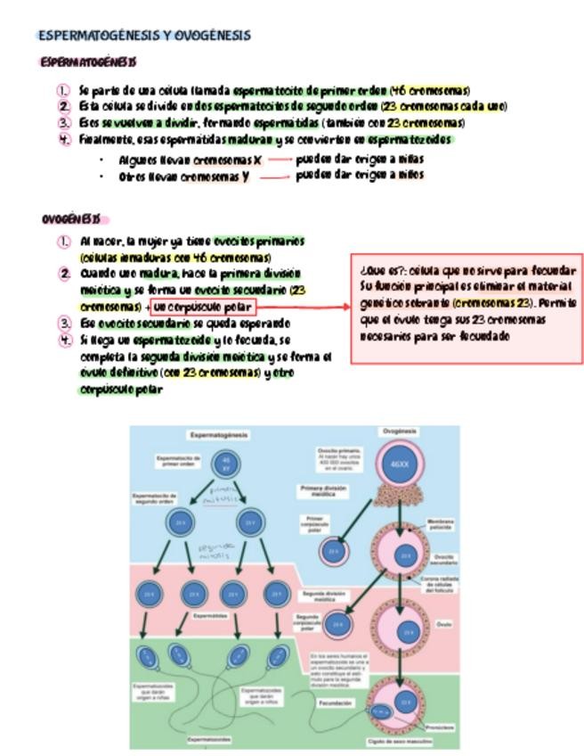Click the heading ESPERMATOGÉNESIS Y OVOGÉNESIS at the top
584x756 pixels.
click(x=144, y=36)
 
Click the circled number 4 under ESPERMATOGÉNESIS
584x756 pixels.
click(x=63, y=139)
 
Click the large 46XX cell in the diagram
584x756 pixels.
click(x=399, y=464)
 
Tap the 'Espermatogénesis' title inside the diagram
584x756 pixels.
click(x=219, y=435)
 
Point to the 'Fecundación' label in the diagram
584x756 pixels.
click(x=337, y=703)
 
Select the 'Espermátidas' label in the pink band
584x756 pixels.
click(x=211, y=616)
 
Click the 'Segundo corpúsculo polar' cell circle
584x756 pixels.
click(x=337, y=625)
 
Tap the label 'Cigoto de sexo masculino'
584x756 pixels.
click(x=397, y=742)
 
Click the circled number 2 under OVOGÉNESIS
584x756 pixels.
click(x=64, y=274)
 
